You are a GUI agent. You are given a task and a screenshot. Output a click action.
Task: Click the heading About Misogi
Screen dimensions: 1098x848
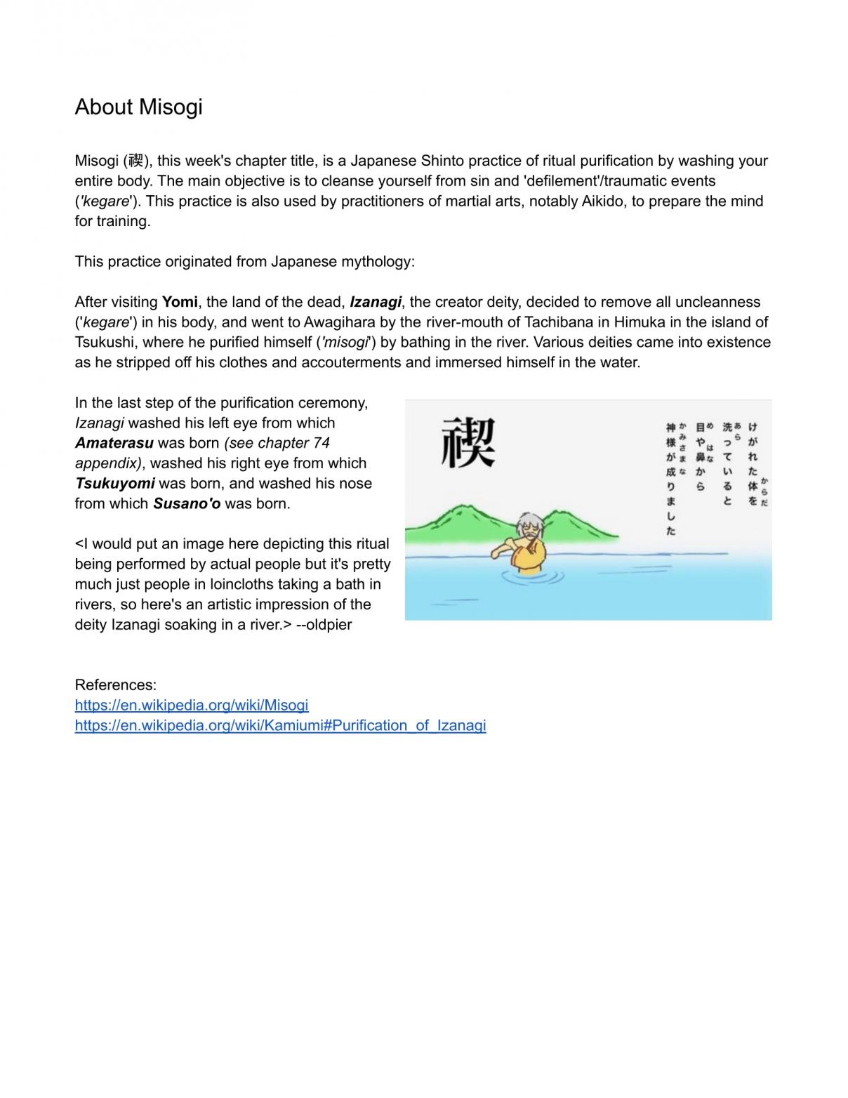pyautogui.click(x=138, y=107)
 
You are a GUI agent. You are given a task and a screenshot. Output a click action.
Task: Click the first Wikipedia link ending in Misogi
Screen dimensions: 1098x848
pyautogui.click(x=191, y=705)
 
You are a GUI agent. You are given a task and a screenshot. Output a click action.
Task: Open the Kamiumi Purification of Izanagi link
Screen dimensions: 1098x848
pyautogui.click(x=280, y=725)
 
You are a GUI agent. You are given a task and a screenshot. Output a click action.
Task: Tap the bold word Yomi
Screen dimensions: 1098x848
pyautogui.click(x=180, y=302)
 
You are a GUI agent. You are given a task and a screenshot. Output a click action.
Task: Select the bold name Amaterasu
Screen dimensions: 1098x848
pyautogui.click(x=114, y=443)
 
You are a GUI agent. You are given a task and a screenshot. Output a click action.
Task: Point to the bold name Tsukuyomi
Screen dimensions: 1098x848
pyautogui.click(x=114, y=484)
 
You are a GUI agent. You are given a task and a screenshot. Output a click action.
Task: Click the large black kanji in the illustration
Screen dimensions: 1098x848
pyautogui.click(x=468, y=442)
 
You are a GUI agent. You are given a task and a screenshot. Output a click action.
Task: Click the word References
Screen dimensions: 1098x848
pyautogui.click(x=115, y=684)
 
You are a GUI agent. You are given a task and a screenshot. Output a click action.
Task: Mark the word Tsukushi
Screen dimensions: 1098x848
pyautogui.click(x=105, y=343)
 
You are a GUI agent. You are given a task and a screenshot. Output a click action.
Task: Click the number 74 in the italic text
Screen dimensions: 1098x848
pyautogui.click(x=322, y=443)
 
